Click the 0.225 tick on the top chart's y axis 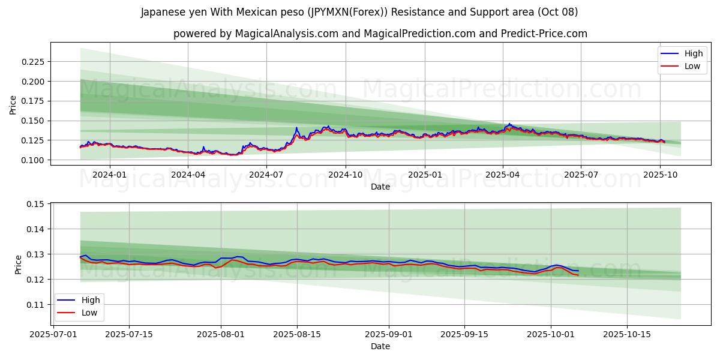point(33,62)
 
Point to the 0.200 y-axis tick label point(33,82)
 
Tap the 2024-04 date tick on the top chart point(188,175)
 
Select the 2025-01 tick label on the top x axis point(424,175)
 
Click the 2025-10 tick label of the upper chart point(660,175)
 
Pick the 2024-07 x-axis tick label point(266,175)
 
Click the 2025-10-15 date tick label point(627,334)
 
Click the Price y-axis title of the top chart point(13,104)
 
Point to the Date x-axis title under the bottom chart point(380,346)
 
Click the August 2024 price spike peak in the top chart point(296,128)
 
